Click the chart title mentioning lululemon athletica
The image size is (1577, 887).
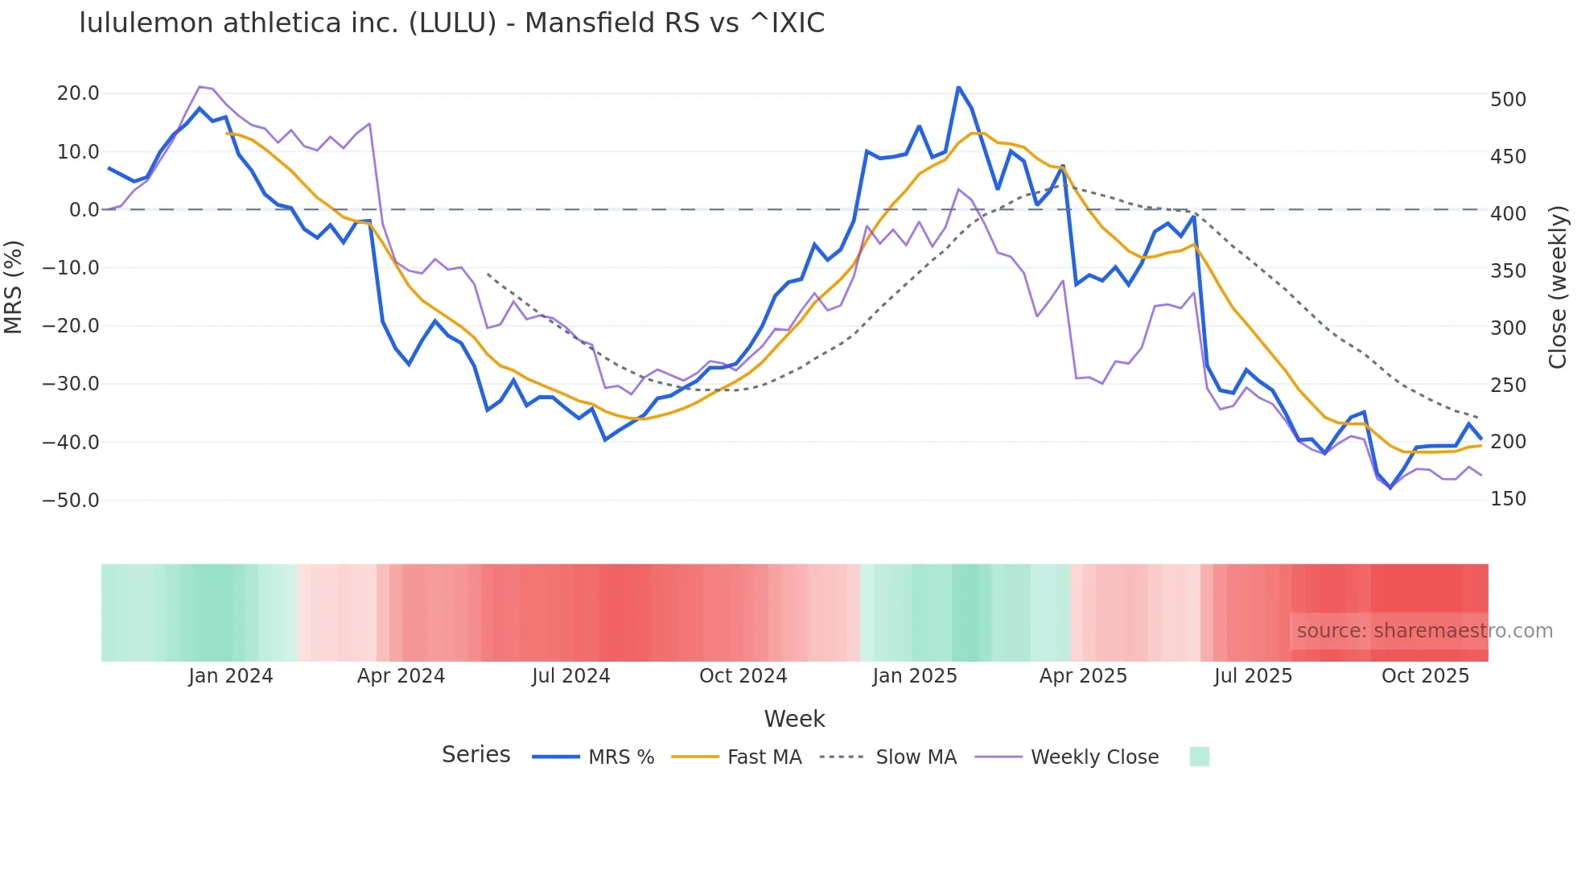(451, 23)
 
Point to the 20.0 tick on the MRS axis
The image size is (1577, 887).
(78, 93)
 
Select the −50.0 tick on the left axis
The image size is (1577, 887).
(71, 500)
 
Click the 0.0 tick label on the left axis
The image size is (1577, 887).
(84, 210)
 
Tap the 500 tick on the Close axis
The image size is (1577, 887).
(1508, 100)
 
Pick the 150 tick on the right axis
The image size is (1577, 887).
(1508, 499)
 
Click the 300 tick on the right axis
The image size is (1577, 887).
(1508, 328)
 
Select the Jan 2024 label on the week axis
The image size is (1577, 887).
(231, 676)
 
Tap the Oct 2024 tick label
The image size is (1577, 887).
(743, 676)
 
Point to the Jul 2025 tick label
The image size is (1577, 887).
(1253, 676)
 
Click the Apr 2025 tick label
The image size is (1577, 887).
(1083, 676)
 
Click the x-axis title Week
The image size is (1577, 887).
(794, 719)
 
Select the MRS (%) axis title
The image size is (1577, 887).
(14, 287)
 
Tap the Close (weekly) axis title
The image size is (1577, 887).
(1558, 287)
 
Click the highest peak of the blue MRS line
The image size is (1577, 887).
(958, 87)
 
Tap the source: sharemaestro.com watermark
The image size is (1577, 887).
(1424, 631)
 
